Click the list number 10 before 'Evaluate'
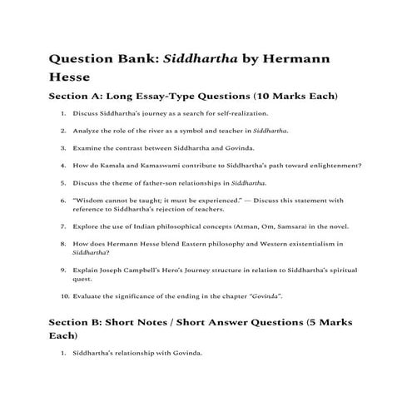[x=63, y=296]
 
